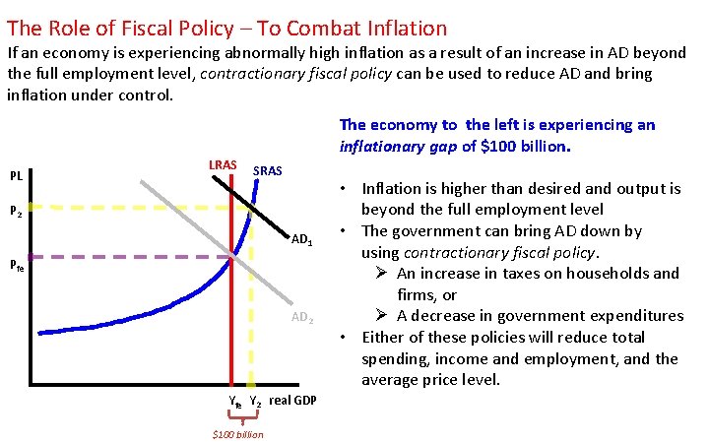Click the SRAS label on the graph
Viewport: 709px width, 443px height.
[x=268, y=171]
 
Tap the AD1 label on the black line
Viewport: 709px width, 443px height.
[x=302, y=240]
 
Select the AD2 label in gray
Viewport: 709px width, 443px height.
[x=302, y=318]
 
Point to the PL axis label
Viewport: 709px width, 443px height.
[x=17, y=177]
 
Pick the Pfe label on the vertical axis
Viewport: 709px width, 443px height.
[x=18, y=263]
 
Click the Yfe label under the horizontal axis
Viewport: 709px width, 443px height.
[x=234, y=402]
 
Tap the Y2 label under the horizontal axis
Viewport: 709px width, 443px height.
[x=254, y=402]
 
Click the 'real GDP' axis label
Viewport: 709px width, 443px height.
[x=292, y=401]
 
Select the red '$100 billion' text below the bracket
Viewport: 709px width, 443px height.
[x=238, y=434]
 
